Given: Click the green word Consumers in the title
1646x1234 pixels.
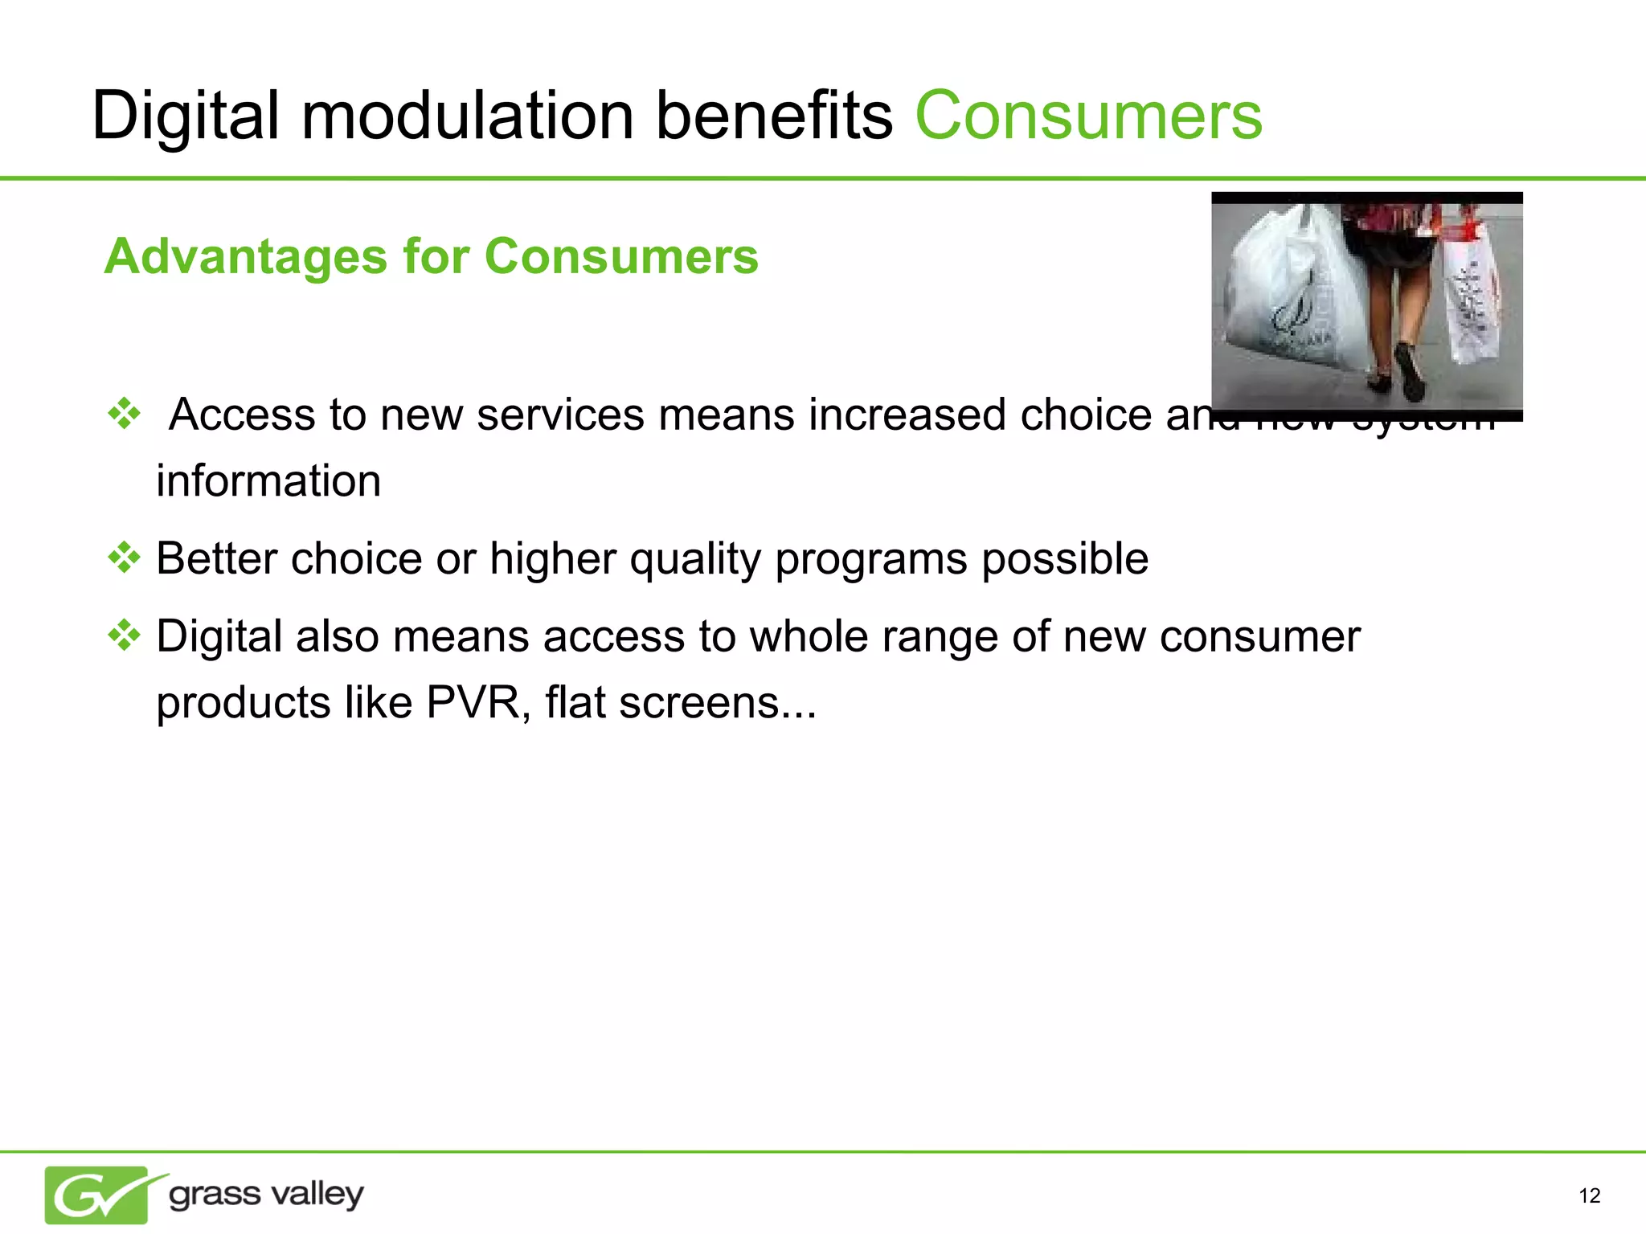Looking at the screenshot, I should click(1088, 116).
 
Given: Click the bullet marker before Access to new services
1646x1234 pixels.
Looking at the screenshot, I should click(125, 414).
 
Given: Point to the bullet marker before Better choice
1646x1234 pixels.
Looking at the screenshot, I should click(125, 558).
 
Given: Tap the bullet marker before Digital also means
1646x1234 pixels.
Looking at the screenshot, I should click(125, 635).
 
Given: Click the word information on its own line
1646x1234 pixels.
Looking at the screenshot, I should click(268, 480).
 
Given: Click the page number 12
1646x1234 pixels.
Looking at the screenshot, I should click(1589, 1196).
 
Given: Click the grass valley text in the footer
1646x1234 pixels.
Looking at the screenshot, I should click(266, 1195).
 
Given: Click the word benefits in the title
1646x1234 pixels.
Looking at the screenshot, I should click(774, 116).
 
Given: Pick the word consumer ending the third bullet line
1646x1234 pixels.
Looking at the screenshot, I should click(1259, 636).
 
